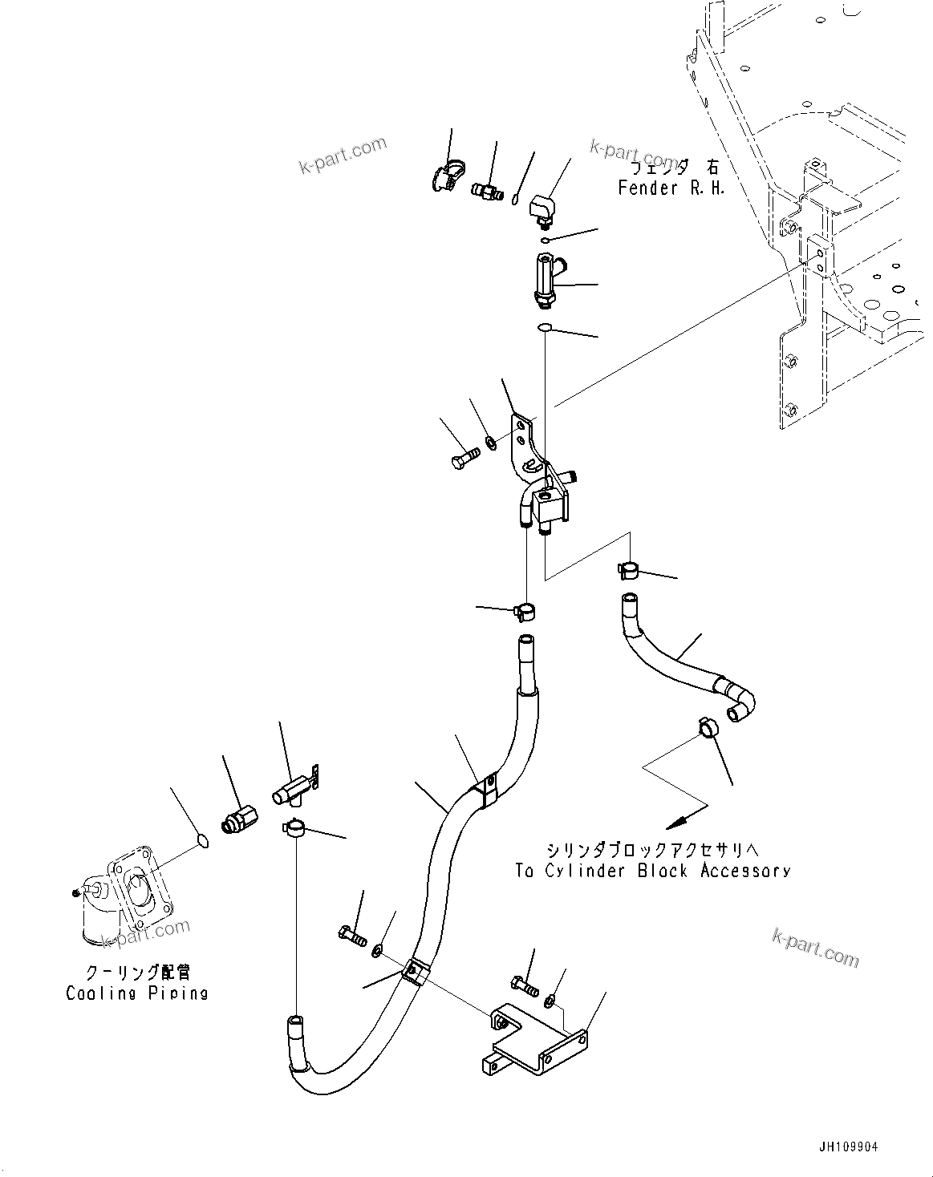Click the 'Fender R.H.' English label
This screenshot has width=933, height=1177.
click(671, 188)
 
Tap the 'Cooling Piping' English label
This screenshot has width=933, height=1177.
click(137, 993)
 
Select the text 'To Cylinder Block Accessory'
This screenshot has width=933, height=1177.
click(652, 871)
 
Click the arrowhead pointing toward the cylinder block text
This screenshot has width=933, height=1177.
click(674, 822)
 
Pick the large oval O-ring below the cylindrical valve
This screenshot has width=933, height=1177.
click(544, 327)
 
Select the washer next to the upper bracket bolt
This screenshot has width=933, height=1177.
click(490, 440)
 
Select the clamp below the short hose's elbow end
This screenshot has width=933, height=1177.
click(708, 726)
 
